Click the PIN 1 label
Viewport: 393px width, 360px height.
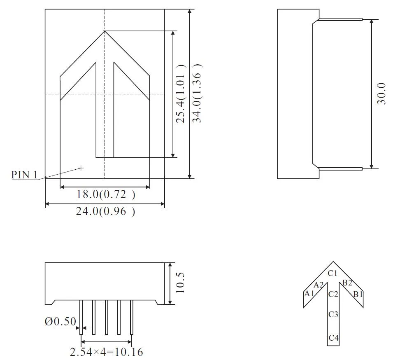24,175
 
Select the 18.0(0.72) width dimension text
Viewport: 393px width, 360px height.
106,194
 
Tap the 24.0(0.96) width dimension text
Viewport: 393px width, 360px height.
105,211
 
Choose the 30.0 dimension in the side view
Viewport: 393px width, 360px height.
381,94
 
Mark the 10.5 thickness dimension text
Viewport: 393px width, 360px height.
180,284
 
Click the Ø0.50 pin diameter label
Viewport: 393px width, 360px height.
60,322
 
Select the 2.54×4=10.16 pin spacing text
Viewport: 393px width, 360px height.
107,352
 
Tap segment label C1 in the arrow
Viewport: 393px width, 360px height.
333,273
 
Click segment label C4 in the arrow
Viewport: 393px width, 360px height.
333,338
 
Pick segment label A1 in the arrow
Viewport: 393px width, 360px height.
309,294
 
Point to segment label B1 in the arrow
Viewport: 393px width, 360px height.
358,294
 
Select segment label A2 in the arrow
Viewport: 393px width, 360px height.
319,285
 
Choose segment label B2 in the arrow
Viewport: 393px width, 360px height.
347,283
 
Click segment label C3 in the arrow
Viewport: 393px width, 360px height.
333,315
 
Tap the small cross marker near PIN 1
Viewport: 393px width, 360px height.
81,168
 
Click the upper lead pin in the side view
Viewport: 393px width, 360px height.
341,19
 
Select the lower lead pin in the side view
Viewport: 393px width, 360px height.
341,168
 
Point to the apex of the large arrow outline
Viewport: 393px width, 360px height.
105,31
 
